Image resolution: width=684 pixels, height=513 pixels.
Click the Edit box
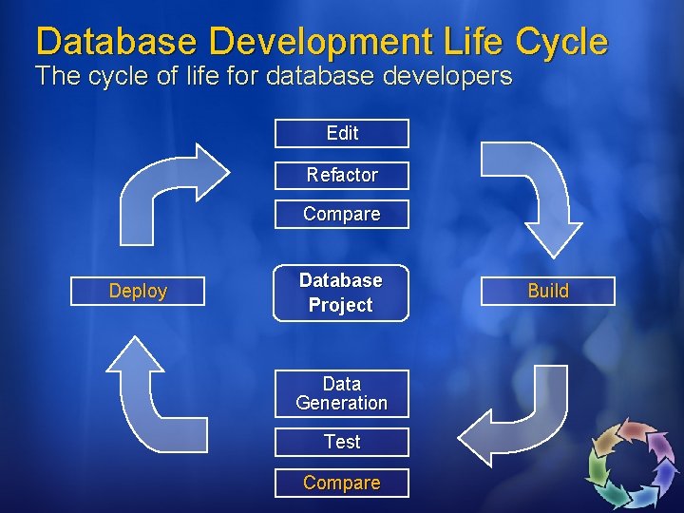pyautogui.click(x=342, y=133)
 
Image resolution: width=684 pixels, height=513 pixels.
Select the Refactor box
pyautogui.click(x=342, y=175)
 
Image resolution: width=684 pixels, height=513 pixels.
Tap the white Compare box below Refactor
pyautogui.click(x=342, y=214)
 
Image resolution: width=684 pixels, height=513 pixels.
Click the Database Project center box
pyautogui.click(x=341, y=293)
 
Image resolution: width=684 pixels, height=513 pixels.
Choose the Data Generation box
pyautogui.click(x=342, y=393)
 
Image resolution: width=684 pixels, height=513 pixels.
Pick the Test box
pyautogui.click(x=342, y=442)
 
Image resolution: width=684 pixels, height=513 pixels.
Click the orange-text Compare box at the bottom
pyautogui.click(x=342, y=483)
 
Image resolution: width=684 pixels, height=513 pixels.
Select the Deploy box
pyautogui.click(x=138, y=291)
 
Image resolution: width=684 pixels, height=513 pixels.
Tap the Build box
pyautogui.click(x=548, y=291)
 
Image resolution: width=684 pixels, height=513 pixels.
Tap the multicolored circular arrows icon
pyautogui.click(x=632, y=463)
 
